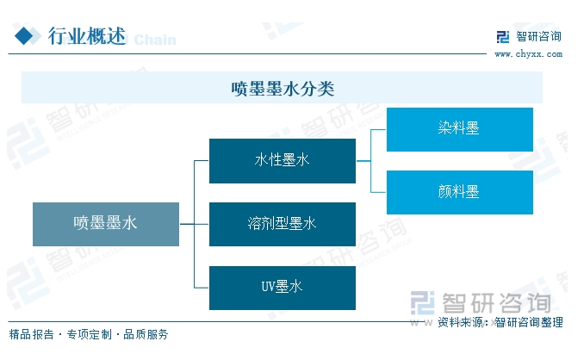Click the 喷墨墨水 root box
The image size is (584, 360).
[x=106, y=224]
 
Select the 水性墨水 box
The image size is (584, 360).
[x=282, y=160]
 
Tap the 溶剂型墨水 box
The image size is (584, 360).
[x=282, y=224]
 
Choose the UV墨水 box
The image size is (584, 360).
[x=282, y=288]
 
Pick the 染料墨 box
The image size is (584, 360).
[x=459, y=129]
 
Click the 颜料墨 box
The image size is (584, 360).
[x=459, y=192]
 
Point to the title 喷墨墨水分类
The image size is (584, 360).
[x=282, y=88]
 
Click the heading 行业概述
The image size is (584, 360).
[x=86, y=35]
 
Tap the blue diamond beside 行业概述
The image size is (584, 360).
[x=27, y=35]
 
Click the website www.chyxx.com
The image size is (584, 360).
[x=527, y=53]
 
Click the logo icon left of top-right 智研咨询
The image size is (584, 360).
[x=503, y=37]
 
